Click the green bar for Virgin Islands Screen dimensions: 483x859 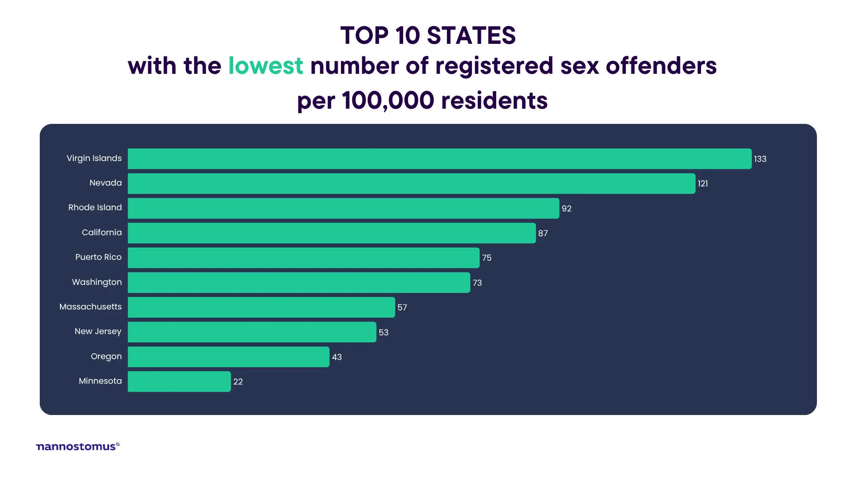[x=439, y=159]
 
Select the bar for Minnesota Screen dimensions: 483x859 [x=179, y=381]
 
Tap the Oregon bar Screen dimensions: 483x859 [x=228, y=357]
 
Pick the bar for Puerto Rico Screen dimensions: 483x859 [x=303, y=258]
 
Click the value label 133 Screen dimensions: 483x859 [x=760, y=159]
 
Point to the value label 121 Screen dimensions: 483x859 [x=702, y=184]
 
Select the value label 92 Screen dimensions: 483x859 [x=566, y=209]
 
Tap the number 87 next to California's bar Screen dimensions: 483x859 [x=543, y=233]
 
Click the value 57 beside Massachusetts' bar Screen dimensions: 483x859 [x=402, y=308]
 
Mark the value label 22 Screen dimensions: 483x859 [x=238, y=382]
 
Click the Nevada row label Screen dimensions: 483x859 [x=106, y=183]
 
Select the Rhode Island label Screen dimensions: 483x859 [x=95, y=208]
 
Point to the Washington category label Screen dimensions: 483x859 [x=97, y=282]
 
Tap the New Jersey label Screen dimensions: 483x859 [x=98, y=331]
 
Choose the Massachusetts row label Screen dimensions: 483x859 [x=90, y=307]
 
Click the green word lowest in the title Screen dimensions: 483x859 [x=266, y=66]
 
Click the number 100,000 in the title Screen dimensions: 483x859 [x=388, y=101]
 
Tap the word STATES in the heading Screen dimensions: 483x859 [x=471, y=36]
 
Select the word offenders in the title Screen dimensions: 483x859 [x=661, y=66]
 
